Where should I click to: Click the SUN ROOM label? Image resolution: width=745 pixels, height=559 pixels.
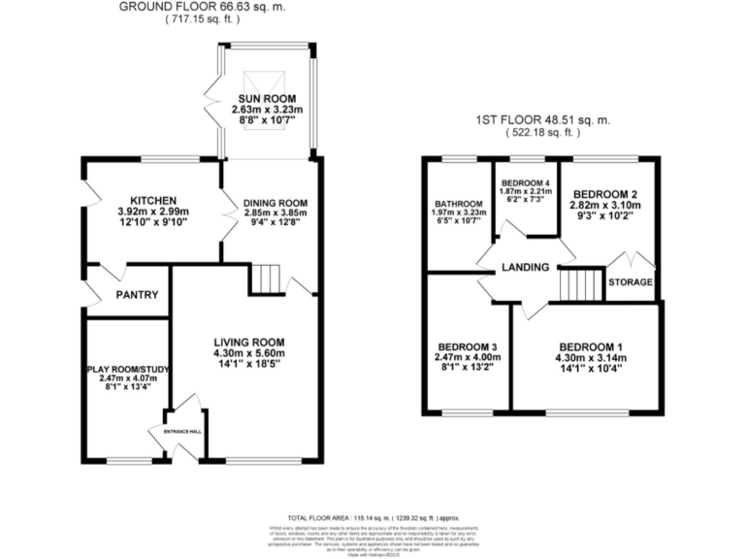tap(267, 99)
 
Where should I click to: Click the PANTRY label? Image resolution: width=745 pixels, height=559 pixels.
tap(137, 295)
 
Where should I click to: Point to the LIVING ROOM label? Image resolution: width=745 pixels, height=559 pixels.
tap(248, 342)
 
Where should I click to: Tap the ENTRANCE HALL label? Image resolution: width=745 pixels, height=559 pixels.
tap(182, 430)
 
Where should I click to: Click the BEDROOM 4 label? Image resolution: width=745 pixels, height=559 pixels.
tap(526, 182)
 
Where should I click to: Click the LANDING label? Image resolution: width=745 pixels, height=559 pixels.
tap(525, 268)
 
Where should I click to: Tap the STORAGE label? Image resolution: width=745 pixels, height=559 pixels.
tap(631, 282)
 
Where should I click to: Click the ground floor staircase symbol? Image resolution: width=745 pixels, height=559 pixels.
tap(265, 279)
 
